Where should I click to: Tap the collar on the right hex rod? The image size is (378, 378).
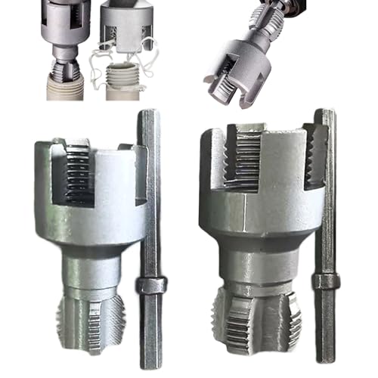(326, 282)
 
